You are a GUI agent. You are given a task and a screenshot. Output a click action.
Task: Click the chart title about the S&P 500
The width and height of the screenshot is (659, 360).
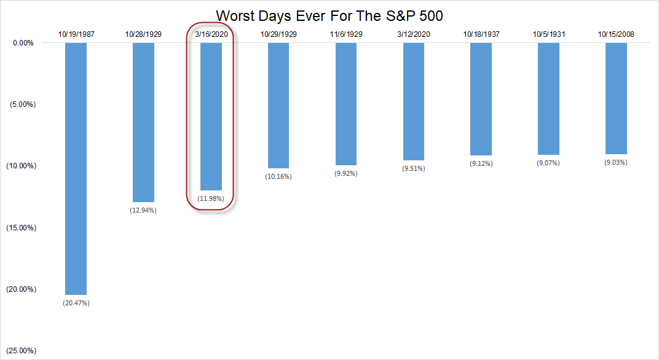[x=329, y=15]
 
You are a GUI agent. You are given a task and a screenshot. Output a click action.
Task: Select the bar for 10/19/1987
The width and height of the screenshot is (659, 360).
[x=76, y=169]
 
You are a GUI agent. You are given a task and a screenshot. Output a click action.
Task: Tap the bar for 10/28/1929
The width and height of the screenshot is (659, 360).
[x=143, y=122]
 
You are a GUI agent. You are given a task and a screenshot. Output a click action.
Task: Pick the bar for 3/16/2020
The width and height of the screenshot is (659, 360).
[x=211, y=117]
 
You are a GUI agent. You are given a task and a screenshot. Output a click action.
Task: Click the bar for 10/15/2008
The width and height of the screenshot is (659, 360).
[x=616, y=98]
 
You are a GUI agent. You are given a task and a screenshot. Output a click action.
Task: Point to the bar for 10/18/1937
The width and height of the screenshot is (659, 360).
[x=481, y=99]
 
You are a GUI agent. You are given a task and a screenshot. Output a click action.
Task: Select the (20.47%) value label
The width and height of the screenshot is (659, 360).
[x=76, y=303]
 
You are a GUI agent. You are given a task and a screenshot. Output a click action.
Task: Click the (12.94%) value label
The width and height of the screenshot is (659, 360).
[x=143, y=211]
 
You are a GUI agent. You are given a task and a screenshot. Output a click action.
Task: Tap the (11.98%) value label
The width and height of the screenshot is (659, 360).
[x=211, y=198]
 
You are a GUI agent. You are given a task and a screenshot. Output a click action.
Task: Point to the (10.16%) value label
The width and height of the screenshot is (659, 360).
[x=278, y=177]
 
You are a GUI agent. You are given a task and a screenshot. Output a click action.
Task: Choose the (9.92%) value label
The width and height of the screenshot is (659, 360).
[x=345, y=174]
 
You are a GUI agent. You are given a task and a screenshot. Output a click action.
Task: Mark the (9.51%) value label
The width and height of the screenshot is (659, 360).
[x=413, y=168]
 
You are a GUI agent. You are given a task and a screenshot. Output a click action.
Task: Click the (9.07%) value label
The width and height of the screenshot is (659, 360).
[x=548, y=163]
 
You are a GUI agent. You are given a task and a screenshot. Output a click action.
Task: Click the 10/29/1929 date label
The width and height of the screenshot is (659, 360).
[x=278, y=34]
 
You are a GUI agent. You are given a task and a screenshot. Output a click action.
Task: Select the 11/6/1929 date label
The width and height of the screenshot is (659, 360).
[x=345, y=34]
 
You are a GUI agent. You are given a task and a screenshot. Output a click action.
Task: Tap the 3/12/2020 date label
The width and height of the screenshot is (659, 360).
[x=413, y=34]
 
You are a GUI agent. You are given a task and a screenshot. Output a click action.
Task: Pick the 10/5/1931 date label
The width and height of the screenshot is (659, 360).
[x=548, y=34]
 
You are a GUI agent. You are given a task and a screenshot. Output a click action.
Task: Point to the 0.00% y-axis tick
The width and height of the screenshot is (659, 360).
[x=23, y=43]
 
